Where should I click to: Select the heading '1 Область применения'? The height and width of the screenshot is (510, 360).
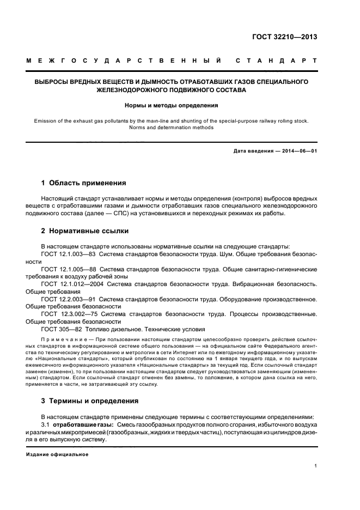click(84, 183)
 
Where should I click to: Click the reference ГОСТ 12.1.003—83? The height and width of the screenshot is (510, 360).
click(70, 254)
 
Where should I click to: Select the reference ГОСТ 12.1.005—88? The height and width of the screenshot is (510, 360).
click(70, 269)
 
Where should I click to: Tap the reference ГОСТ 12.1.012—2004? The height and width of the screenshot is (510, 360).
click(72, 284)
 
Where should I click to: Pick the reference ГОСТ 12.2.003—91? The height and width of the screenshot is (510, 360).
click(70, 299)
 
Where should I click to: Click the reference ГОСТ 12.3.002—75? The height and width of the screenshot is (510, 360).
click(70, 314)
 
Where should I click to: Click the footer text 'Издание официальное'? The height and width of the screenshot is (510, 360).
click(57, 454)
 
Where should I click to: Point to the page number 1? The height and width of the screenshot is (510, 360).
click(315, 466)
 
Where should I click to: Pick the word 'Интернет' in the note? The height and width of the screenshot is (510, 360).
click(187, 354)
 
